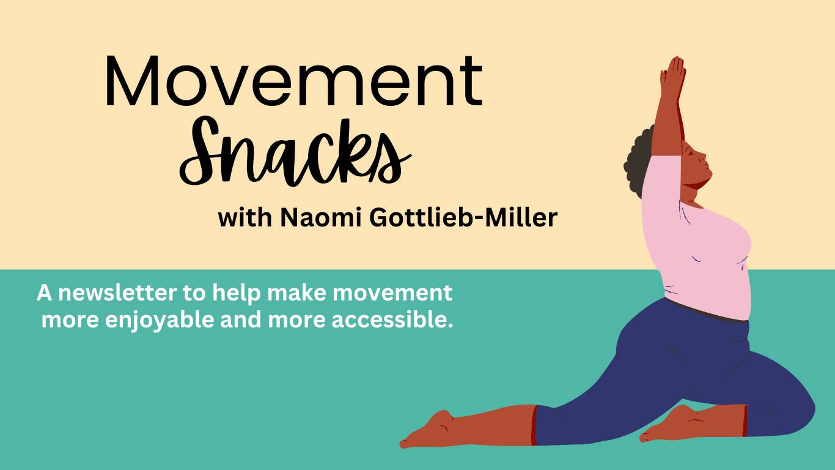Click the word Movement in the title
pyautogui.click(x=294, y=81)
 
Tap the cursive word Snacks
pyautogui.click(x=295, y=152)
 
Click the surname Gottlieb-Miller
pyautogui.click(x=463, y=218)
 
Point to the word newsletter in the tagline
pyautogui.click(x=117, y=293)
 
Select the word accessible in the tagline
pyautogui.click(x=392, y=320)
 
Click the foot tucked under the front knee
pyautogui.click(x=668, y=425)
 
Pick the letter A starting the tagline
pyautogui.click(x=45, y=293)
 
